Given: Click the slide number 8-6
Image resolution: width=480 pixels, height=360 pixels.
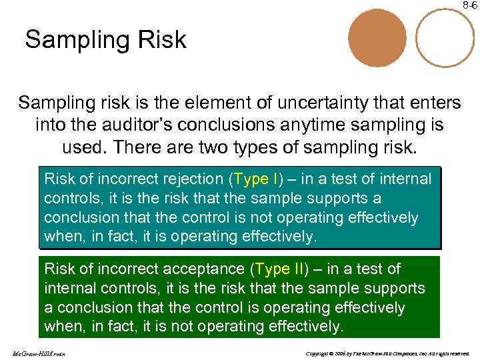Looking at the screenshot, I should coord(470,5).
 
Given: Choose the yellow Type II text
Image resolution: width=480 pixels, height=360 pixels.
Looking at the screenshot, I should coord(279,269).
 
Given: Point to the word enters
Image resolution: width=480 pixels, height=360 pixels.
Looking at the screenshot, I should coord(431,103).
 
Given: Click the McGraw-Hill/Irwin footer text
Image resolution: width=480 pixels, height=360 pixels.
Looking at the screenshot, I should coord(38,352).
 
